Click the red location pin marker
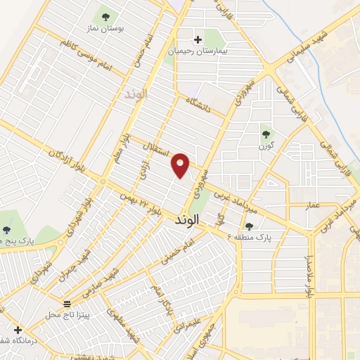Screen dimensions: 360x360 click(x=181, y=165)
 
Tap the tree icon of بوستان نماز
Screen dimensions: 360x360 click(x=105, y=15)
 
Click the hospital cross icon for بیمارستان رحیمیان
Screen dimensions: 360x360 click(x=198, y=39)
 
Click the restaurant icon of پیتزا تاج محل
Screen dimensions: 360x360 click(x=67, y=303)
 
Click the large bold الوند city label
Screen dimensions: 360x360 click(x=186, y=219)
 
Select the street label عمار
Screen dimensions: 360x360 click(x=312, y=205)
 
